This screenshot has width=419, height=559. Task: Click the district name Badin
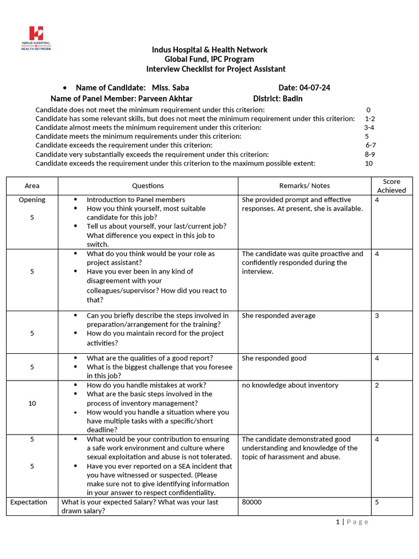coord(292,99)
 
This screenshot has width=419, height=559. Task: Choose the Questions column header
coord(147,186)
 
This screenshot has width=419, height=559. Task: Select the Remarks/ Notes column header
coord(304,186)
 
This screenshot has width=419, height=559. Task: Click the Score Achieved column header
coord(391,186)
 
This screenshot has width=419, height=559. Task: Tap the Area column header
coord(32,186)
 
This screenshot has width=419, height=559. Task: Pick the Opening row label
coord(32,200)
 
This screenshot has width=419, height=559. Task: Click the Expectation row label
coord(29,502)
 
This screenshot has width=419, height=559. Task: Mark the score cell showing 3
coord(377,316)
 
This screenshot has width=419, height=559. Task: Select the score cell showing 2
coord(377,385)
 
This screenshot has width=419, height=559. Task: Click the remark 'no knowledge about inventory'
coord(290,385)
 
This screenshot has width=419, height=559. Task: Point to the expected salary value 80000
coord(252,502)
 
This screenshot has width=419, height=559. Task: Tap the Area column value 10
coord(32,403)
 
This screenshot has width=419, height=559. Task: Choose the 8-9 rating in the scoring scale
coord(369,154)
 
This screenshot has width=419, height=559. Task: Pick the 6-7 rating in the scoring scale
coord(370,145)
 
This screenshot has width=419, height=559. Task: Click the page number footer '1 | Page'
coord(352,522)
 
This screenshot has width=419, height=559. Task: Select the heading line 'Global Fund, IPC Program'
coord(209,59)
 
